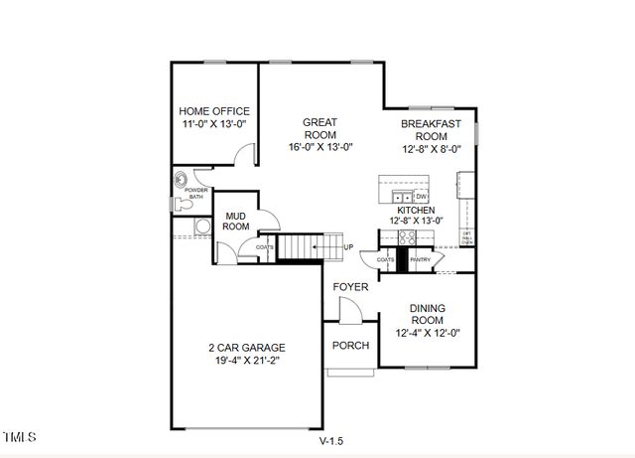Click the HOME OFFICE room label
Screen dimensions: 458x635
213,111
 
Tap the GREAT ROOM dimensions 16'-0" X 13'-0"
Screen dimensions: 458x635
319,147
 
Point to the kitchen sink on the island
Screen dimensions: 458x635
399,197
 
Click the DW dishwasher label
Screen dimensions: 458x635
421,197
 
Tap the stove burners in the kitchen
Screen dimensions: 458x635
406,236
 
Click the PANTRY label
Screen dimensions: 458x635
420,259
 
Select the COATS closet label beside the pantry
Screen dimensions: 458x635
385,259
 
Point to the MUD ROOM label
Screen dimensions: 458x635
235,221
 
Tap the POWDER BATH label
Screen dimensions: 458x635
195,193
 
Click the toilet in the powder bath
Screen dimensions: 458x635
179,205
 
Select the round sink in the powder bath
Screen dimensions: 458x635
181,181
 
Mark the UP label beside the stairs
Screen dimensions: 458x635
347,246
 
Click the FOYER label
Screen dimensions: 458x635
350,287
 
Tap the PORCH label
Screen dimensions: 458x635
350,346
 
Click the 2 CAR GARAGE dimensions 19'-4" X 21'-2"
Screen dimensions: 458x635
246,362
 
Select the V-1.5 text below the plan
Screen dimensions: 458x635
331,440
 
